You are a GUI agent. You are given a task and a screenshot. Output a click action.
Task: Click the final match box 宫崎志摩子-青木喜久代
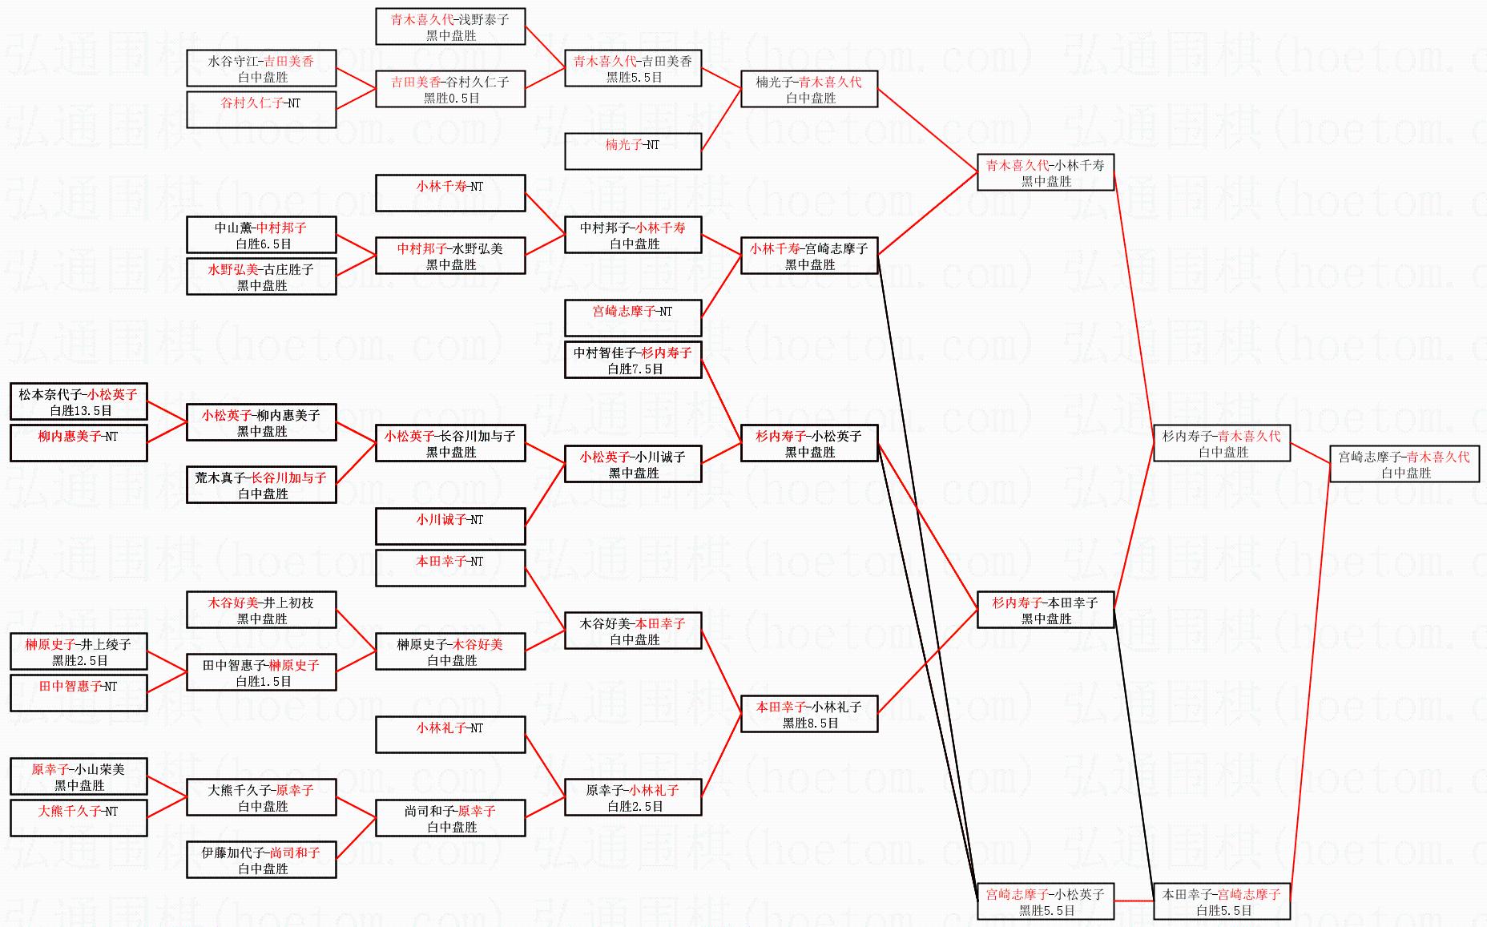tap(1404, 465)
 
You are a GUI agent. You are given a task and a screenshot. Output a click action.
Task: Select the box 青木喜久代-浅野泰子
tap(450, 26)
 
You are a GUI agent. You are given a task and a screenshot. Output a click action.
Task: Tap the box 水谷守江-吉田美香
tap(261, 68)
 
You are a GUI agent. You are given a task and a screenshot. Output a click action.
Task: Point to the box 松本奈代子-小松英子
tap(79, 401)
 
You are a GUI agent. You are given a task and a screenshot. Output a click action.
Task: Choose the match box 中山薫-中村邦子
tap(261, 235)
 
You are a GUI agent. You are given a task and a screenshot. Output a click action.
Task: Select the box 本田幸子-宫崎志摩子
tap(1221, 901)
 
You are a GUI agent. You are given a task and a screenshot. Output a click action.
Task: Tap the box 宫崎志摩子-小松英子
tap(1045, 901)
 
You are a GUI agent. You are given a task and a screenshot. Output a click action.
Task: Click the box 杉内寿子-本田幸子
tap(1045, 610)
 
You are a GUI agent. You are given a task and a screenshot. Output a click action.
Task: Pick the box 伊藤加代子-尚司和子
tap(261, 860)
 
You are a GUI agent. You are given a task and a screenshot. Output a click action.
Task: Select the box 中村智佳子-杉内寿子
tap(633, 360)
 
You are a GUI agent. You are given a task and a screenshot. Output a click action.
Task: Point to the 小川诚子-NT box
tap(450, 526)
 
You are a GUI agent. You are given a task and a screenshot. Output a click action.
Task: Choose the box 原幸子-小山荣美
tap(79, 776)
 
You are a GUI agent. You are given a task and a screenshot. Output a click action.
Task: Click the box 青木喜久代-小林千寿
tap(1045, 172)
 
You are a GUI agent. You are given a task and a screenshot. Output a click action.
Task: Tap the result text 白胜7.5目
tap(635, 369)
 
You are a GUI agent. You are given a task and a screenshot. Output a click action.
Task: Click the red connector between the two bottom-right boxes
tap(1133, 901)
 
